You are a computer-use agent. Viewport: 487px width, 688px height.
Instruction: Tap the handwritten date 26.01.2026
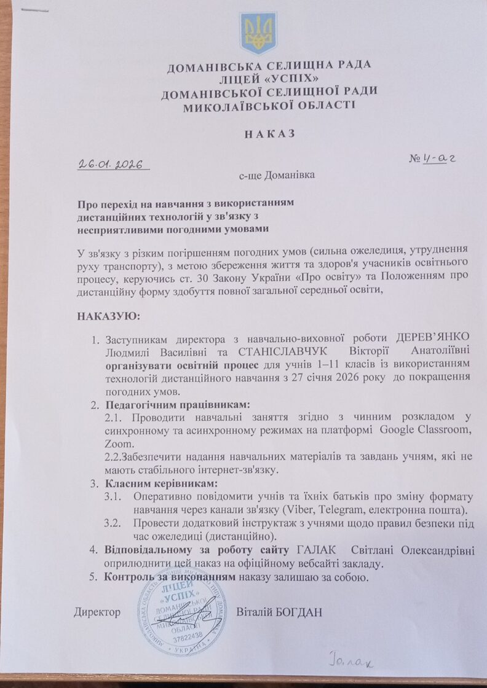pos(110,164)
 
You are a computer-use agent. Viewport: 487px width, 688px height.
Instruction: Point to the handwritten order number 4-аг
pos(434,158)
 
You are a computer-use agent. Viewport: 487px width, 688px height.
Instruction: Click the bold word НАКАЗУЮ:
pos(109,316)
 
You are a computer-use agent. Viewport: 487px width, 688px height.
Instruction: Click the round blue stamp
pos(179,615)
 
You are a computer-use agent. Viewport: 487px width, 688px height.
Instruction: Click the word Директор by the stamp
pos(97,613)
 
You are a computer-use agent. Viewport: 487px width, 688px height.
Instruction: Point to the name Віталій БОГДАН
pos(279,612)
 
